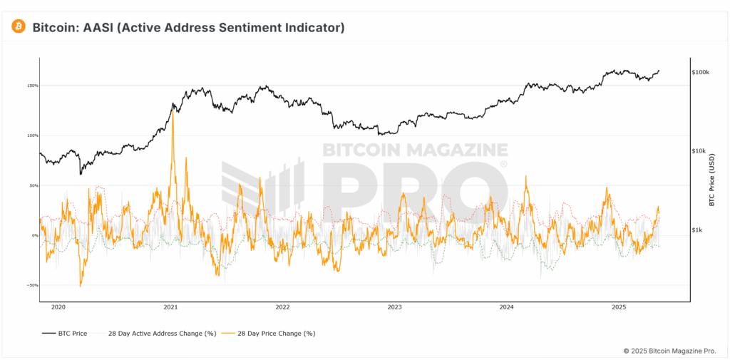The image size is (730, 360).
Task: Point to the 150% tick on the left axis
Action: pyautogui.click(x=33, y=86)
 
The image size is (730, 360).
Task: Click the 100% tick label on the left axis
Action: pyautogui.click(x=33, y=135)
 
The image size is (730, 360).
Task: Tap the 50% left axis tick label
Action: pyautogui.click(x=34, y=185)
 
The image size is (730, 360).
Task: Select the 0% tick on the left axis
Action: pyautogui.click(x=35, y=235)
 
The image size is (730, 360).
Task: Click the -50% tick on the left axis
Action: pyautogui.click(x=33, y=285)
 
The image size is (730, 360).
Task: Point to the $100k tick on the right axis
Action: pyautogui.click(x=700, y=73)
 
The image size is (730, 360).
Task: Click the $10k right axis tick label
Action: pyautogui.click(x=699, y=151)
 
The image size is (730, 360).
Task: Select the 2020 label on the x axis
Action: pyautogui.click(x=58, y=308)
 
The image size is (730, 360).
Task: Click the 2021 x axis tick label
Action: pyautogui.click(x=170, y=308)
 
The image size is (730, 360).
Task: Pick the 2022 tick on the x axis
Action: pyautogui.click(x=282, y=308)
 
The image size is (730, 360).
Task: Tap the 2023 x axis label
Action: pyautogui.click(x=394, y=308)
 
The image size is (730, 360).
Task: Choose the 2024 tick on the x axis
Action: pyautogui.click(x=506, y=308)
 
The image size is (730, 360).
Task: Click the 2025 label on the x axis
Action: pyautogui.click(x=618, y=308)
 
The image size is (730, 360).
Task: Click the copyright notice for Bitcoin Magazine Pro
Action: pyautogui.click(x=669, y=351)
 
